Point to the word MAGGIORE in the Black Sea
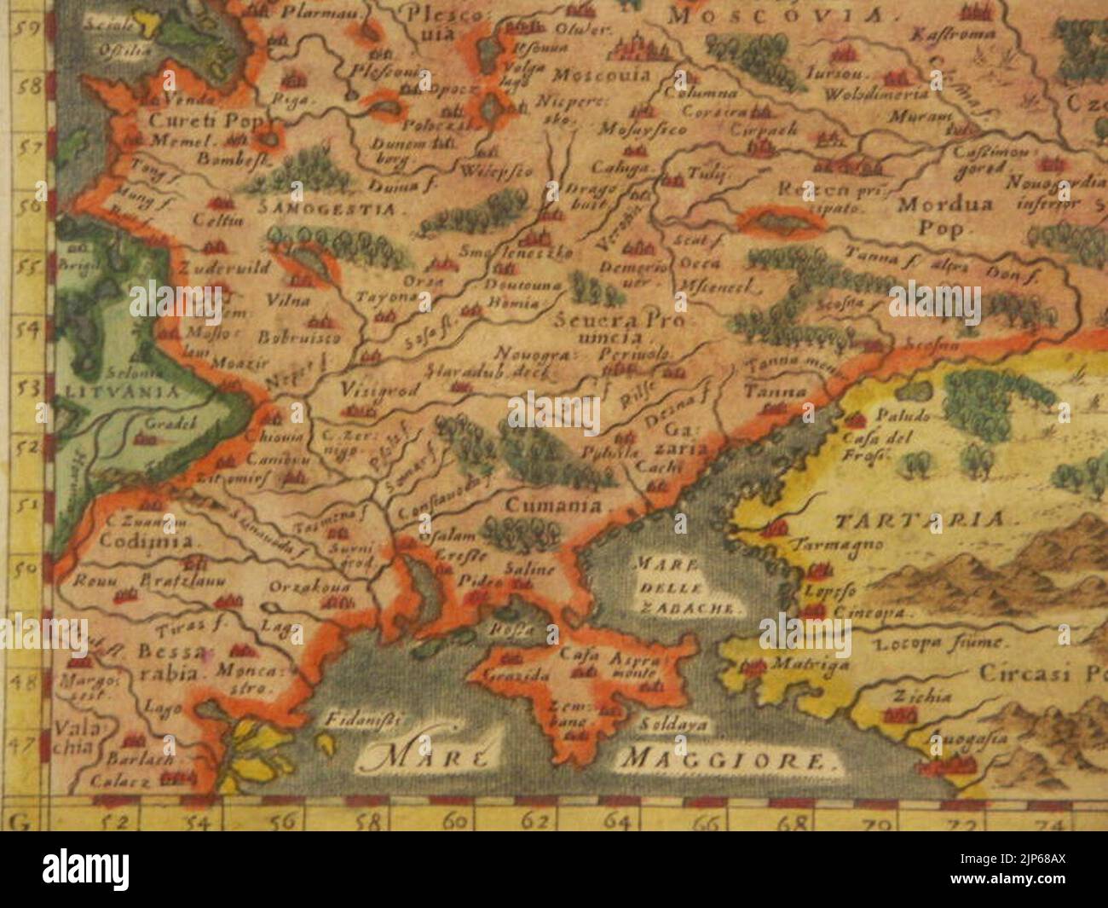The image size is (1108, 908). pyautogui.click(x=729, y=761)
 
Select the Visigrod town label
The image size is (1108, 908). pyautogui.click(x=372, y=389)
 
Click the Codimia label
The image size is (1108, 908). pyautogui.click(x=149, y=541)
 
